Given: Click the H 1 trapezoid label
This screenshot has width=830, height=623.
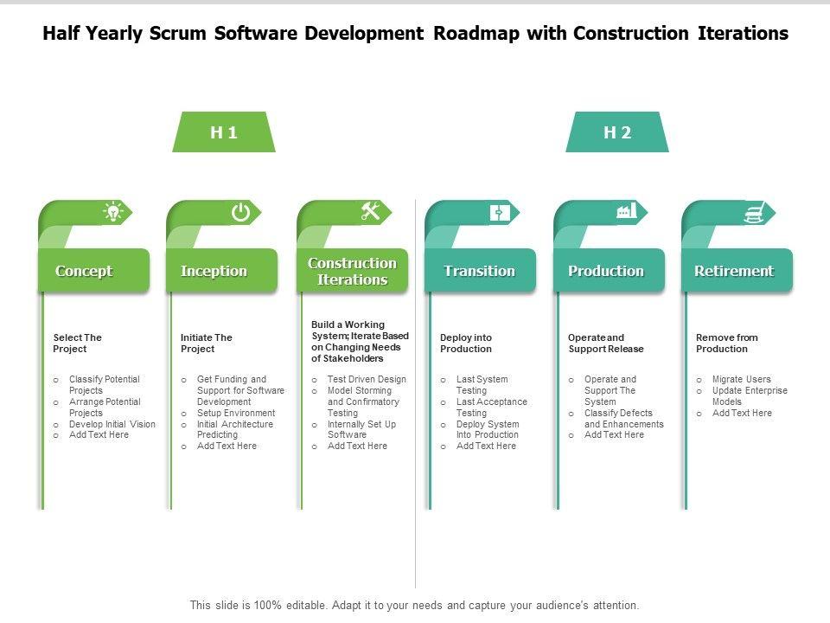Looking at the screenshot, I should pyautogui.click(x=224, y=132).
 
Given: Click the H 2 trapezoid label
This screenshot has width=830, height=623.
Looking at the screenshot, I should pyautogui.click(x=617, y=132).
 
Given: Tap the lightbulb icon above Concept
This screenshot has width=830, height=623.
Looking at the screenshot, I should pyautogui.click(x=112, y=212).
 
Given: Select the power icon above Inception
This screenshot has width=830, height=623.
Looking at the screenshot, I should pyautogui.click(x=240, y=212).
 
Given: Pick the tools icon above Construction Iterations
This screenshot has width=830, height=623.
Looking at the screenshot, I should pyautogui.click(x=370, y=211).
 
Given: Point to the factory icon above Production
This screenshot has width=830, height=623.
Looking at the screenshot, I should pyautogui.click(x=627, y=211).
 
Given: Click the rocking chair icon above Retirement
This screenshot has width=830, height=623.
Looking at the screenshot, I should pyautogui.click(x=755, y=212).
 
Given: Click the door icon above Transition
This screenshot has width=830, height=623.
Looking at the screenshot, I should pyautogui.click(x=500, y=212).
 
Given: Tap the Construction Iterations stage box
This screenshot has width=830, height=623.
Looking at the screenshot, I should pyautogui.click(x=352, y=271).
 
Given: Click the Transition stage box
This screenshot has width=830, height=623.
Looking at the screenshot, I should pyautogui.click(x=480, y=271).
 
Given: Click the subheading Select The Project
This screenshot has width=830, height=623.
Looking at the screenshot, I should pyautogui.click(x=78, y=343).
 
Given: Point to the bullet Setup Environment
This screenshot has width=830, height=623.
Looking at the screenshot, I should pyautogui.click(x=235, y=413).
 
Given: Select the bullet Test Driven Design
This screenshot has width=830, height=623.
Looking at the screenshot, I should pyautogui.click(x=367, y=379).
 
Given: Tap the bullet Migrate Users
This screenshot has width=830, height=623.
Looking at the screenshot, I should pyautogui.click(x=741, y=379).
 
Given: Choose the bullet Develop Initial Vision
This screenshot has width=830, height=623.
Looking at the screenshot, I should pyautogui.click(x=112, y=424).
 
